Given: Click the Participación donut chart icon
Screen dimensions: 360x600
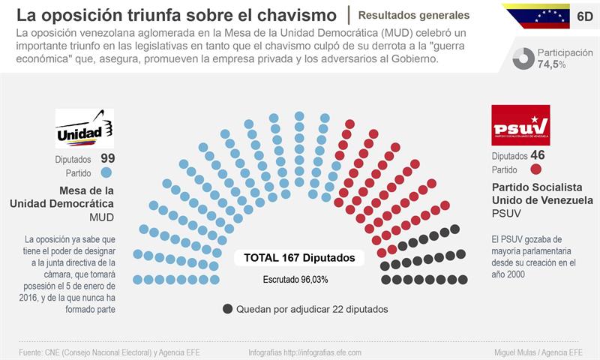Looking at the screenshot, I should point(523,58).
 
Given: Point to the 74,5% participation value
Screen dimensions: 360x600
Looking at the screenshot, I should point(551,64).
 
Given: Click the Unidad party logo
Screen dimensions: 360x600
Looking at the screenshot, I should point(85,128).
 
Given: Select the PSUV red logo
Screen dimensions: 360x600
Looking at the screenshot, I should point(520,124).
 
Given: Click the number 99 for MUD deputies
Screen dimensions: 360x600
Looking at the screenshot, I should point(107,158).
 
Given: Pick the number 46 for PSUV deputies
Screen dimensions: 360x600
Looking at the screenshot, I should point(537,155).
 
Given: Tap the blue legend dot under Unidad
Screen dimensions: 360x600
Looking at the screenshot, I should point(106,173).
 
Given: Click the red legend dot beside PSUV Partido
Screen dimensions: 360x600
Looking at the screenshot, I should point(536,169).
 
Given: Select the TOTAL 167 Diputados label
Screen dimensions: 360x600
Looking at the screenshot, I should point(299,257).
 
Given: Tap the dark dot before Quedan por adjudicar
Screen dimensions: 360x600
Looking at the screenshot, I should point(227,308).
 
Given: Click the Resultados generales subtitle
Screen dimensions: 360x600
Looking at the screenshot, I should point(414,15).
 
